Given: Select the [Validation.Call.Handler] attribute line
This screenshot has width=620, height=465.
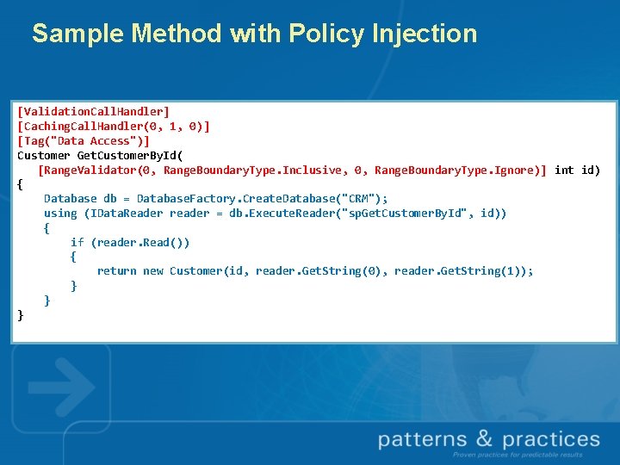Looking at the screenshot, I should [94, 111].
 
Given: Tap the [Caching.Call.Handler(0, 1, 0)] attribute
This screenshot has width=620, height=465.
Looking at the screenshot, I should [114, 126].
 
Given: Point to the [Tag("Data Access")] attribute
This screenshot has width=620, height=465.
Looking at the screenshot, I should [84, 140].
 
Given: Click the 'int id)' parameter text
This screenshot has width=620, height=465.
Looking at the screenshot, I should [577, 170].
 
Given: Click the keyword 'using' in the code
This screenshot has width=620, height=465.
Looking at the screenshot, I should [60, 213].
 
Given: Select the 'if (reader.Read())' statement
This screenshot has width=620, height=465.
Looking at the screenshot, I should [130, 242].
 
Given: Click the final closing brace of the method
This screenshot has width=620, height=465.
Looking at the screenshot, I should [21, 314].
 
